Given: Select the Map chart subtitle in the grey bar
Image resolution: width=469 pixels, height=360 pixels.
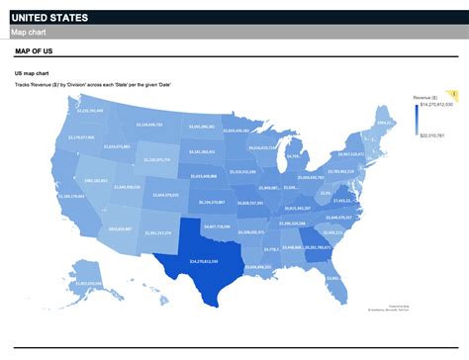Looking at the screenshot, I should point(29,33).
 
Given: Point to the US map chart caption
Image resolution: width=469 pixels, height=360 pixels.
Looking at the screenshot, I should point(33,74).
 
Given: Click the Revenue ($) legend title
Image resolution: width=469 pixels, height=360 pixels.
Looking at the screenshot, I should point(426,98).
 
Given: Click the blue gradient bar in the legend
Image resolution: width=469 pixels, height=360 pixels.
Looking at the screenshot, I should point(419,120).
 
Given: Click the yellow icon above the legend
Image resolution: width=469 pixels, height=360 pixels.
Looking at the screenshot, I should point(454,93).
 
